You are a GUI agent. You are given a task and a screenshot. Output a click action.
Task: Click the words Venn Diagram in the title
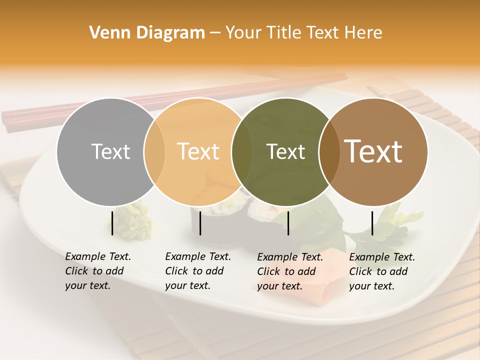tap(147, 33)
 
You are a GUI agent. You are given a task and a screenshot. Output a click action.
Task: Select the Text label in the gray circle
tap(110, 152)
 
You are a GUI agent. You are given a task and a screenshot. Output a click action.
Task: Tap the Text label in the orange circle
tap(198, 152)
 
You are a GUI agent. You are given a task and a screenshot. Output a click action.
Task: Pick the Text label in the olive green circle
tap(286, 152)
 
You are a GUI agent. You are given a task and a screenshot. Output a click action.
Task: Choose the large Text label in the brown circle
tap(373, 151)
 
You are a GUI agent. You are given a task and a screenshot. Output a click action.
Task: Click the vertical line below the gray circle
tap(112, 223)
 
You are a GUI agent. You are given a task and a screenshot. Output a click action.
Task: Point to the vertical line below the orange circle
tap(200, 223)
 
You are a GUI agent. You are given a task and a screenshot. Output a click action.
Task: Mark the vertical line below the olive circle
tap(288, 223)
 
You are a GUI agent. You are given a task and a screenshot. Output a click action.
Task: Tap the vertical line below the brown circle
tap(372, 223)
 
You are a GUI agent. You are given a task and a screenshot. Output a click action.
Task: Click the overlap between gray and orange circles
tap(154, 152)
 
